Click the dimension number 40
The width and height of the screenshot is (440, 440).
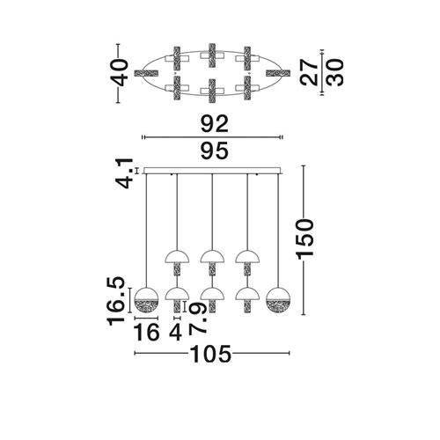click(x=121, y=72)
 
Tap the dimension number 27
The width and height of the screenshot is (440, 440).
click(x=309, y=72)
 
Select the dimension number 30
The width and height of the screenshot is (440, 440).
click(x=334, y=72)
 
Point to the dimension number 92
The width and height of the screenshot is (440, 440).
click(x=214, y=124)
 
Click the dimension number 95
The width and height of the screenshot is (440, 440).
click(x=214, y=150)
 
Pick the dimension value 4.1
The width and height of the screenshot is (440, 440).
click(x=124, y=173)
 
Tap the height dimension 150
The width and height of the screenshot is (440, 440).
click(x=305, y=239)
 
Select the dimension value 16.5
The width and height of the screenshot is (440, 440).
click(x=117, y=301)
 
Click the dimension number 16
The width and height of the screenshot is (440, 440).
click(x=146, y=333)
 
